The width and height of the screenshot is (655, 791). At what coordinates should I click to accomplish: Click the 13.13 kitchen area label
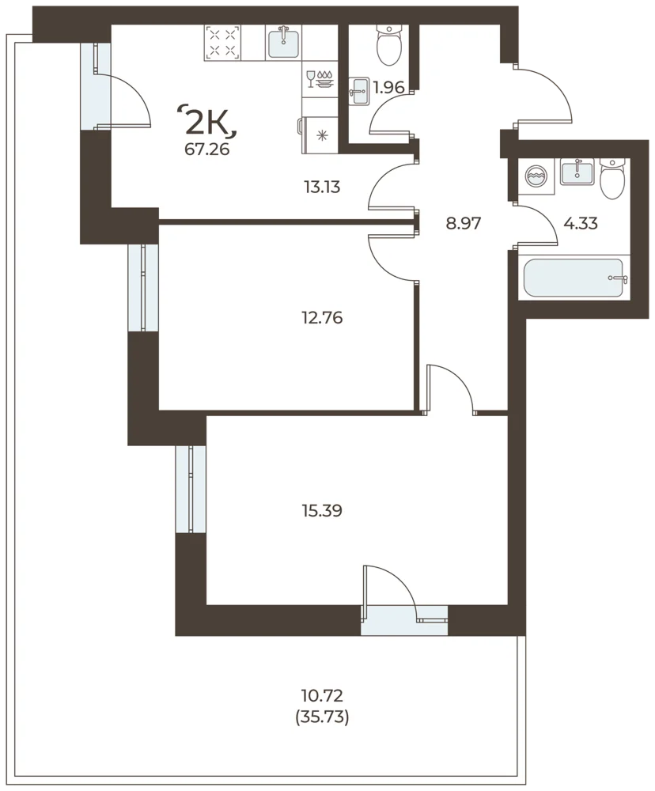pos(322,187)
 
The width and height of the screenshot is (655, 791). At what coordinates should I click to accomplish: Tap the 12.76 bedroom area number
pos(322,318)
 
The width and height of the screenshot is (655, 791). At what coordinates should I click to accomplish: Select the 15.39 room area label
pos(322,510)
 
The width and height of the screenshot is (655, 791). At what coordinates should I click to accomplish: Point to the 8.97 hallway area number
pos(464,223)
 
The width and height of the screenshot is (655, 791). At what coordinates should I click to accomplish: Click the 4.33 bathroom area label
pos(581,223)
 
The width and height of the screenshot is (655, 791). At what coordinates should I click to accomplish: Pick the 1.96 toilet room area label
pos(388,87)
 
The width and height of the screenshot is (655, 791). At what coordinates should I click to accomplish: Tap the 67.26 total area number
pos(207,149)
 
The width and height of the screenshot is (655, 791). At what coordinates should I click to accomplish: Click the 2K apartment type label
pos(208,122)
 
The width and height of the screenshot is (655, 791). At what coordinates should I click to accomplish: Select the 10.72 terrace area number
pos(322,696)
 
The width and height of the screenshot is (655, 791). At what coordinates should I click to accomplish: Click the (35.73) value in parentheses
pos(322,717)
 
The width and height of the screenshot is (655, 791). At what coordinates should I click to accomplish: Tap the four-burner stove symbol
pos(222,43)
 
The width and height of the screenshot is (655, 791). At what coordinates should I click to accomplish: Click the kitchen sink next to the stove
pos(284,43)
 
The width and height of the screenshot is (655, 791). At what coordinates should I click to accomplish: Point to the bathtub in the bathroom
pos(575,278)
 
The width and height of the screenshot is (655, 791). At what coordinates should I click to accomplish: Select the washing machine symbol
pos(535,176)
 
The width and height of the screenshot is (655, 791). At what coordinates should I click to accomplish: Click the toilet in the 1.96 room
pos(389,45)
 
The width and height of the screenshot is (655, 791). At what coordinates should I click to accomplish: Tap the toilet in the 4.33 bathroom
pos(612,179)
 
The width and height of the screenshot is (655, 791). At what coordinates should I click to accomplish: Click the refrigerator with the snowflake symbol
pos(319,134)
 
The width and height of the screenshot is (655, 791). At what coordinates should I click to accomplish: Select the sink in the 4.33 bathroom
pos(577,172)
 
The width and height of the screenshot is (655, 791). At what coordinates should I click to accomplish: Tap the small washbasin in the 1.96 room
pos(360,91)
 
